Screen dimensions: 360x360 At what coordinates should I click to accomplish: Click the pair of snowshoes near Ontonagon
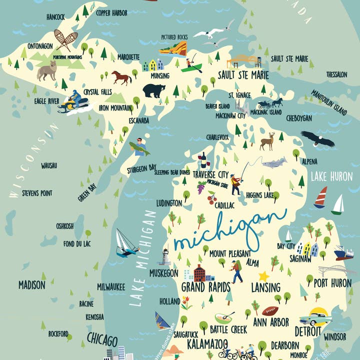tap(66, 40)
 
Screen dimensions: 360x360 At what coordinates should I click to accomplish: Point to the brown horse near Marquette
tap(121, 77)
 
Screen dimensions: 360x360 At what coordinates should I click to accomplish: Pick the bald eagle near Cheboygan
tap(317, 138)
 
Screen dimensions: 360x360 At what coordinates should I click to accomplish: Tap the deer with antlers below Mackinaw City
tap(267, 141)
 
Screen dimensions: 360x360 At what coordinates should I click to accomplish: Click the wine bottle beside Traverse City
tap(203, 160)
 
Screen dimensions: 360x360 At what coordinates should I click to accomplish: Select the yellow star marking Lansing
tap(263, 276)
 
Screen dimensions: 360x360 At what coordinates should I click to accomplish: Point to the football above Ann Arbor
tap(270, 311)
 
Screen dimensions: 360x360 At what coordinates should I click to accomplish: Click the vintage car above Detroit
tap(315, 317)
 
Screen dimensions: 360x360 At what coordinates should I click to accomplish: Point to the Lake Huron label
tap(331, 176)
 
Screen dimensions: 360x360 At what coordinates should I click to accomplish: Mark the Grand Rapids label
tap(205, 287)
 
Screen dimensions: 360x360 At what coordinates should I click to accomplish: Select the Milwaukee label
tap(111, 287)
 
